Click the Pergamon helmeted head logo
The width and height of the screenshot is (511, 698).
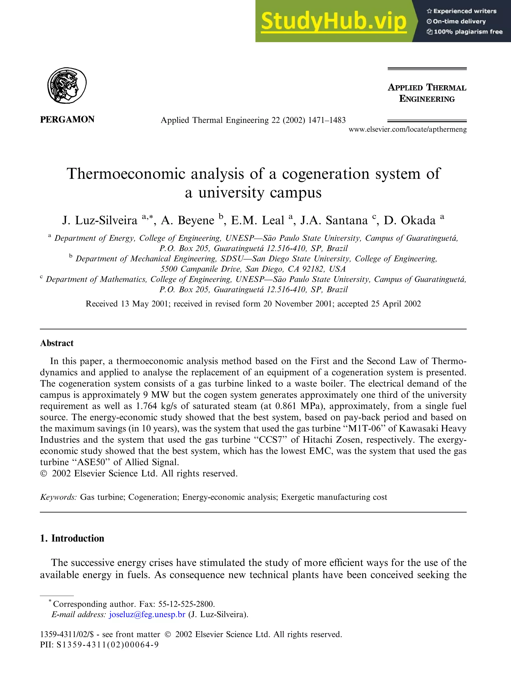coord(67,86)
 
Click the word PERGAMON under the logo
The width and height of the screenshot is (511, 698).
coord(67,120)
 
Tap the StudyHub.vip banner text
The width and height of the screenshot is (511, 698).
coord(333,21)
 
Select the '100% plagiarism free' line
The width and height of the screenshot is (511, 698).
coord(465,31)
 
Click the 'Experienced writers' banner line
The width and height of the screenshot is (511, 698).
coord(462,11)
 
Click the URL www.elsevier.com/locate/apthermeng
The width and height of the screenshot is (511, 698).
coord(407,129)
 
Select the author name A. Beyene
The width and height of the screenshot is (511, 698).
coord(187,220)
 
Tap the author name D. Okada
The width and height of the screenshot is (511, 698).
coord(409,220)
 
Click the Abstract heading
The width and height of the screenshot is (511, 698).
coord(57,343)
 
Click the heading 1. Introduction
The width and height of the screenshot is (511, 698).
coord(72,538)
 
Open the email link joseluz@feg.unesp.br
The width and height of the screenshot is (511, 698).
coord(147,614)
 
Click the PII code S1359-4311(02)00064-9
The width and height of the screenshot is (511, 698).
coord(107,645)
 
